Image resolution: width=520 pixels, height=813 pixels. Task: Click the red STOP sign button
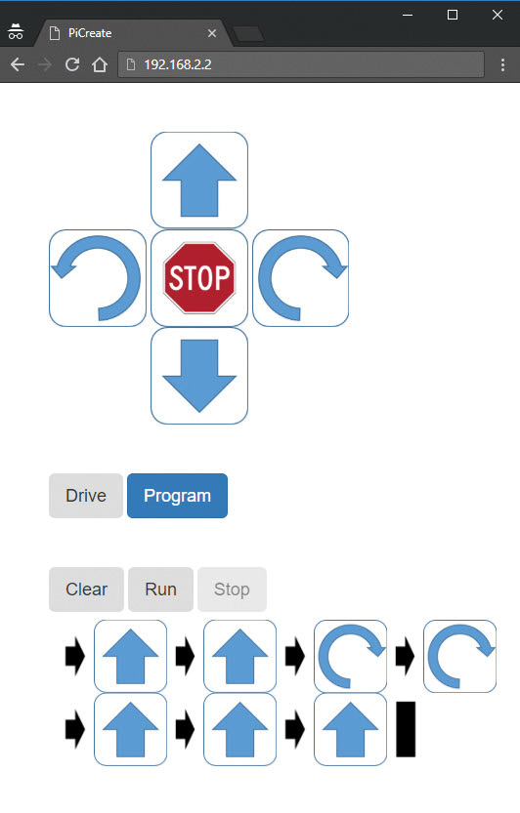click(x=199, y=278)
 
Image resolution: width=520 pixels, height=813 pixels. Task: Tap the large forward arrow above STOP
click(x=199, y=180)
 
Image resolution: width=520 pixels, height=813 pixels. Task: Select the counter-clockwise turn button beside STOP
click(x=98, y=278)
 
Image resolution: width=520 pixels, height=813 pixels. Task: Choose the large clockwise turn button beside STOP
click(x=301, y=278)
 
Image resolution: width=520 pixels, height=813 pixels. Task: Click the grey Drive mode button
click(x=86, y=496)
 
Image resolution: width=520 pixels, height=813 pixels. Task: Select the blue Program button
click(x=177, y=496)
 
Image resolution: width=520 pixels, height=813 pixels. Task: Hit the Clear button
click(x=86, y=589)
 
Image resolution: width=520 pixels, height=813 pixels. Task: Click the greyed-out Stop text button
click(x=232, y=589)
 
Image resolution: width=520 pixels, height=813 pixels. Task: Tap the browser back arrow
click(x=18, y=64)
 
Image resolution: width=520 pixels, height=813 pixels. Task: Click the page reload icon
click(x=72, y=64)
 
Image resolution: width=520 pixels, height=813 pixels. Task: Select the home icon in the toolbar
click(x=100, y=64)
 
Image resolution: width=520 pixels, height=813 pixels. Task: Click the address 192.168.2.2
click(x=178, y=64)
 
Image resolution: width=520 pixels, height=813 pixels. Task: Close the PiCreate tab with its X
click(x=212, y=33)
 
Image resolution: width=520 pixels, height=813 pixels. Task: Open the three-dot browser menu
click(x=502, y=64)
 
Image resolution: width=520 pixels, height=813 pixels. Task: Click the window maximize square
click(x=453, y=15)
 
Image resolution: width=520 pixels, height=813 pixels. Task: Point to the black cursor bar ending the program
click(x=406, y=729)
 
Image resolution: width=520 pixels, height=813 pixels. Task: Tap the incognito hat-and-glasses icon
click(x=16, y=31)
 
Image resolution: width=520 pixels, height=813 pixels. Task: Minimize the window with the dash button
click(x=408, y=15)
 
